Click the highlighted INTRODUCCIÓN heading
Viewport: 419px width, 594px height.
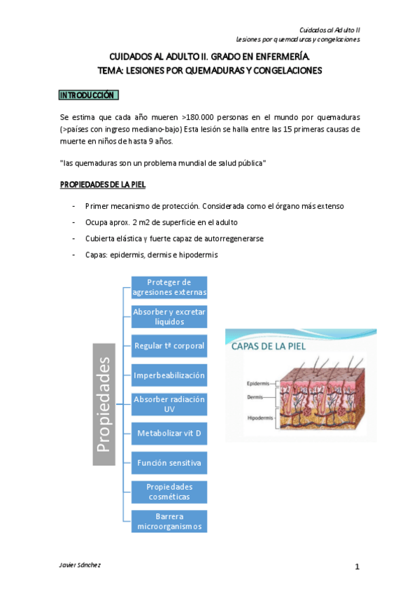pos(90,95)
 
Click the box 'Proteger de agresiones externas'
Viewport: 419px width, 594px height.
pos(169,287)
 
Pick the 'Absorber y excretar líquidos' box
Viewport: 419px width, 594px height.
pos(169,316)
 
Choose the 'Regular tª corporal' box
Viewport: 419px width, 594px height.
pos(169,345)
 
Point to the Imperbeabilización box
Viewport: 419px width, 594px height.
pos(169,375)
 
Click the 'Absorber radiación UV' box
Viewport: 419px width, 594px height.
pos(169,403)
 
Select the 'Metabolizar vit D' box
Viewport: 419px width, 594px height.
pos(169,434)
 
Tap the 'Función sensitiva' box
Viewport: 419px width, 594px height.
pos(169,462)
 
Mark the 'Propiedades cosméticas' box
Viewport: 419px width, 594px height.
pos(169,491)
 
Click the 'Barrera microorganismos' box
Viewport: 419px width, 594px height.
pos(169,520)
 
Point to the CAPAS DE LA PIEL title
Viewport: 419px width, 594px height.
pos(269,345)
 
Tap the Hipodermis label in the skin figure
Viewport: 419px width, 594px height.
pos(260,418)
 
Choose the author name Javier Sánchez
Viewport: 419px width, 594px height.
pos(81,565)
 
